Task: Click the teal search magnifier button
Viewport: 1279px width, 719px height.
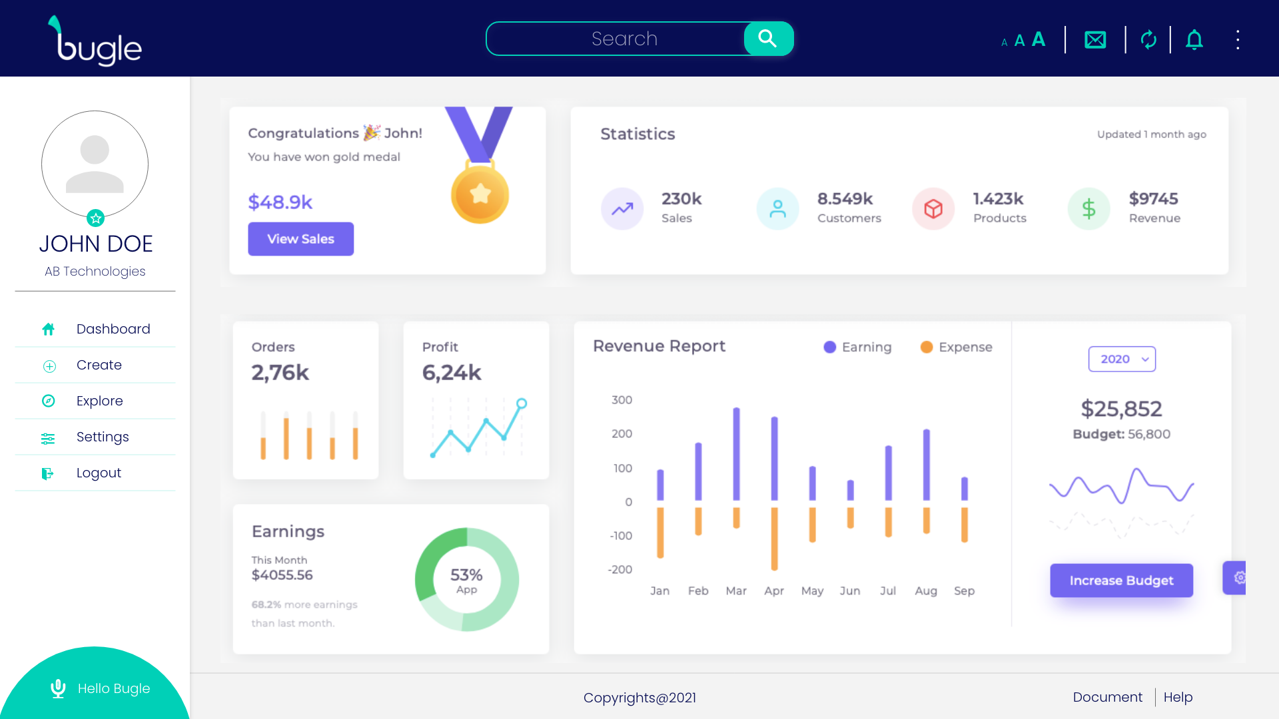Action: click(x=768, y=39)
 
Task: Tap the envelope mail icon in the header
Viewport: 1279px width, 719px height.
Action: click(x=1095, y=40)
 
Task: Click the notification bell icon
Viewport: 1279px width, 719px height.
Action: click(x=1194, y=40)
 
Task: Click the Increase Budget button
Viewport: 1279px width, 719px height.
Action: click(x=1121, y=581)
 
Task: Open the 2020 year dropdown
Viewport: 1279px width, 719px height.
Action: click(x=1122, y=359)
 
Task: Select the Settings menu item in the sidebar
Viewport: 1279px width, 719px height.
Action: click(x=103, y=437)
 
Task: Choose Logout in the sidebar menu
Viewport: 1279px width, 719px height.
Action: click(x=99, y=473)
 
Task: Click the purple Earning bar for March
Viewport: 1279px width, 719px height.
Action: click(x=736, y=454)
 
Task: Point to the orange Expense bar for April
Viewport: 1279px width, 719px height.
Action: click(x=774, y=539)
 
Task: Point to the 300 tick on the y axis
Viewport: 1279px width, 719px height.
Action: click(x=622, y=400)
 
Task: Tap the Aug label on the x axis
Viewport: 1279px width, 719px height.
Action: click(x=926, y=591)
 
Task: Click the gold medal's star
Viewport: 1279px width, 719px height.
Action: click(x=480, y=194)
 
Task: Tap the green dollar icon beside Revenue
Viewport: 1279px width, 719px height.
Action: click(x=1088, y=209)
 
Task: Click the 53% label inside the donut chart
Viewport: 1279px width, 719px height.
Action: click(x=466, y=575)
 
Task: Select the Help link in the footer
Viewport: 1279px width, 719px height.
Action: click(x=1178, y=697)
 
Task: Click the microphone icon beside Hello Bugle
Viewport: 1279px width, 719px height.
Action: click(x=58, y=688)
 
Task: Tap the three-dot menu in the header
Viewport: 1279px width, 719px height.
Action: click(x=1238, y=40)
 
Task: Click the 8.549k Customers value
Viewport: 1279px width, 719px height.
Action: click(x=845, y=199)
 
